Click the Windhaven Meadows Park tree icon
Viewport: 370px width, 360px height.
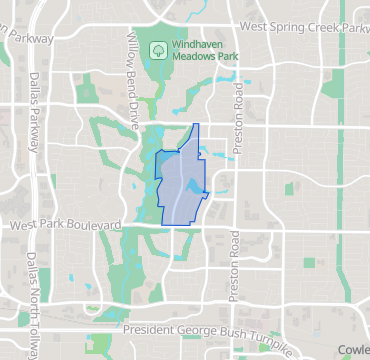pos(158,48)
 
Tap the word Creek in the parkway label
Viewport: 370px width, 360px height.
pos(319,29)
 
